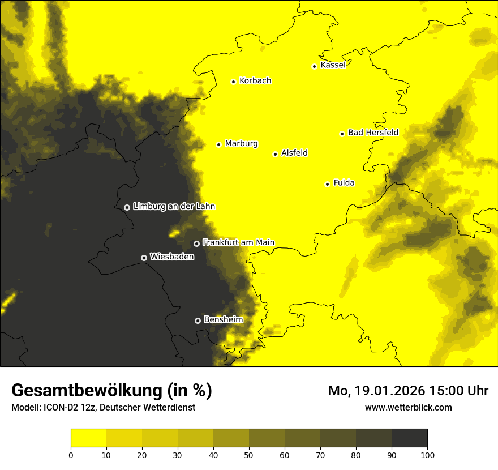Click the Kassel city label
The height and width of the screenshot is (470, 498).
click(333, 65)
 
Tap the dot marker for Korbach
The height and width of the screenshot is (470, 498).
click(233, 82)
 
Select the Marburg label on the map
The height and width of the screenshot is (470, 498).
click(241, 144)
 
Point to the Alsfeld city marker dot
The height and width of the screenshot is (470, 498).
click(275, 154)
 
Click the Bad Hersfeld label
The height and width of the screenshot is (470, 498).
click(373, 133)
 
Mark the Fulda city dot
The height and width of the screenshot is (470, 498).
click(327, 184)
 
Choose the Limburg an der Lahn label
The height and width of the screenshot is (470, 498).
click(174, 207)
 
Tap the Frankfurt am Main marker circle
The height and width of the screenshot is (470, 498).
click(196, 243)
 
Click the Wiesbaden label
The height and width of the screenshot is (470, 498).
click(172, 257)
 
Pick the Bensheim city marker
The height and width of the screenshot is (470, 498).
click(198, 321)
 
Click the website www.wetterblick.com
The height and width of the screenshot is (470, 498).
click(408, 407)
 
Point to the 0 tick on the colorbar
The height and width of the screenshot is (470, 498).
click(71, 455)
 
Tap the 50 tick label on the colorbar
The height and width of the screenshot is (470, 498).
click(249, 455)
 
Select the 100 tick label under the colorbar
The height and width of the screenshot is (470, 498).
click(427, 455)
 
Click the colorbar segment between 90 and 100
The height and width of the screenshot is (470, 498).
click(409, 438)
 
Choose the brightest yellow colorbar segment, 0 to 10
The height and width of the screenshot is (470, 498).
click(88, 438)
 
